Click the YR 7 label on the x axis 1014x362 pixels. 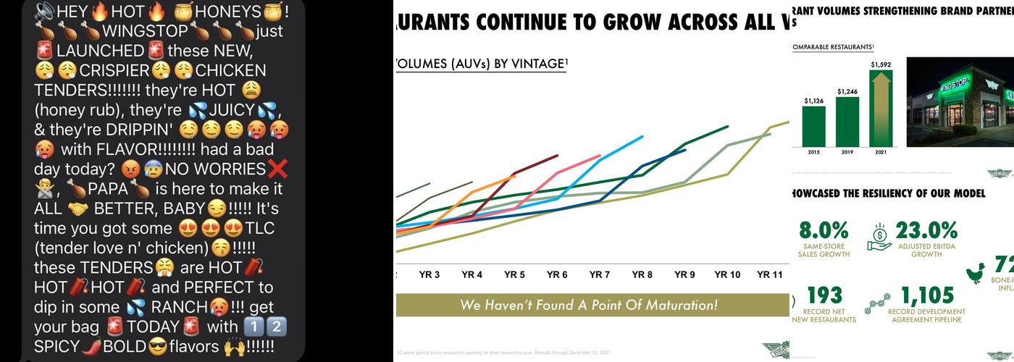[x=600, y=274]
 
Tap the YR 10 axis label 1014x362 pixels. [x=727, y=274]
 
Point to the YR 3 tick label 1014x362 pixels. [x=430, y=274]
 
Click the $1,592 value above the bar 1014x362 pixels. [x=881, y=64]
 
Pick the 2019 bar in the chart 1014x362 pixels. [x=847, y=122]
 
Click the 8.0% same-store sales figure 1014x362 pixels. [x=824, y=231]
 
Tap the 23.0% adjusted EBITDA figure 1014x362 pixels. [x=926, y=231]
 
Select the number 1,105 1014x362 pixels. [x=926, y=295]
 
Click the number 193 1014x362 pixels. [x=824, y=295]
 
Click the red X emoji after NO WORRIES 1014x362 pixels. [x=277, y=169]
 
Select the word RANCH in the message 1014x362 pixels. [x=179, y=307]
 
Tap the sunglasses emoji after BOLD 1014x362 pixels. [x=158, y=347]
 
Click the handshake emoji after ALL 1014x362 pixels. [x=77, y=209]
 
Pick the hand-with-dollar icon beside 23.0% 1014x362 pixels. [x=880, y=237]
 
